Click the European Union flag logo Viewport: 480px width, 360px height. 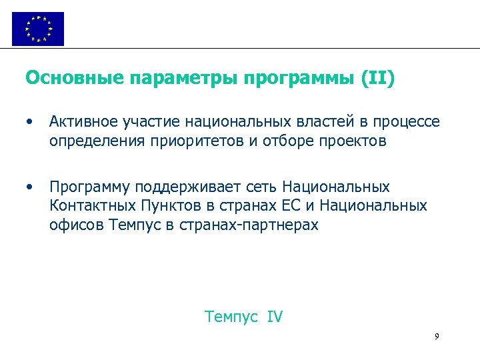38,29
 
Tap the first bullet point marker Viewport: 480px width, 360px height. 29,122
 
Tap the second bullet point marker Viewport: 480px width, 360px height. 29,186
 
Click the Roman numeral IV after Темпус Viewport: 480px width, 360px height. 275,317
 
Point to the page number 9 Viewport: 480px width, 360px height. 437,337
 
